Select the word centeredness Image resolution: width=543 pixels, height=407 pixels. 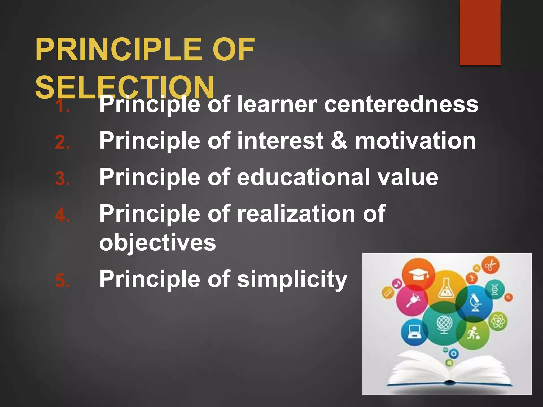[x=401, y=104]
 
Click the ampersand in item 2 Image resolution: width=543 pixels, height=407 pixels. [x=339, y=140]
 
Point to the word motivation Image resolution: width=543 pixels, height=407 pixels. [x=415, y=141]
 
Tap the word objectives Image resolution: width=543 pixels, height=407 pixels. [x=157, y=243]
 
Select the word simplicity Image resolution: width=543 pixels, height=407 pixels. [x=292, y=279]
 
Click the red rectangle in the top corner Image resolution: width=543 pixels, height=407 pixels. [x=480, y=32]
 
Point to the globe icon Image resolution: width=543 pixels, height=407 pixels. [x=444, y=324]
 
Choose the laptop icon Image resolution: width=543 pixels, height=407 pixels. [x=414, y=332]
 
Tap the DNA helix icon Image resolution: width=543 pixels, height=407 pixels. [x=495, y=289]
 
